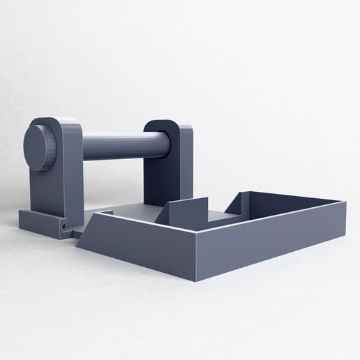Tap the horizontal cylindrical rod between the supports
[112, 147]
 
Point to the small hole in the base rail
[63, 227]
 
